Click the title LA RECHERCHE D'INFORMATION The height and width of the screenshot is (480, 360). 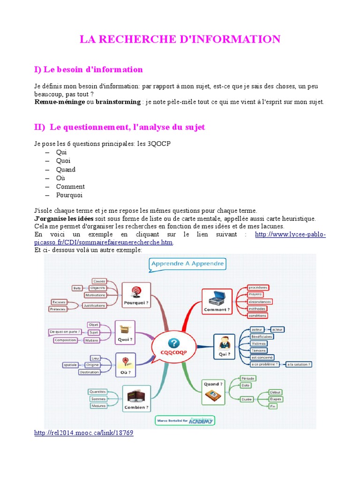[x=180, y=39]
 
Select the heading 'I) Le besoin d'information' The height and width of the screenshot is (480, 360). [x=88, y=69]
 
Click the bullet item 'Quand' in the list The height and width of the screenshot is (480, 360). [x=66, y=170]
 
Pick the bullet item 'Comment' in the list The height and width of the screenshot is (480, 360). [x=70, y=187]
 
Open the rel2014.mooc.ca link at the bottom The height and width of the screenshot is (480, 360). [x=84, y=433]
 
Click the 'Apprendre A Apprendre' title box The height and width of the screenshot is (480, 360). [x=187, y=264]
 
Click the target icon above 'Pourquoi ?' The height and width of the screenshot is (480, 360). [x=136, y=291]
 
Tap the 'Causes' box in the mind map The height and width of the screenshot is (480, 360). [x=99, y=281]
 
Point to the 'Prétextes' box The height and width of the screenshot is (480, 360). [x=58, y=309]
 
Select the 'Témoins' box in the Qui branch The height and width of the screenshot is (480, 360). [x=258, y=350]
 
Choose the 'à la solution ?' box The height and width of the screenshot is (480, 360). [x=299, y=364]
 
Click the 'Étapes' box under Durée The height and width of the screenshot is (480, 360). [x=276, y=398]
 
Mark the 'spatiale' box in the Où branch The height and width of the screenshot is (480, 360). [x=70, y=365]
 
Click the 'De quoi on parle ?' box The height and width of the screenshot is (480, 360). [x=65, y=332]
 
